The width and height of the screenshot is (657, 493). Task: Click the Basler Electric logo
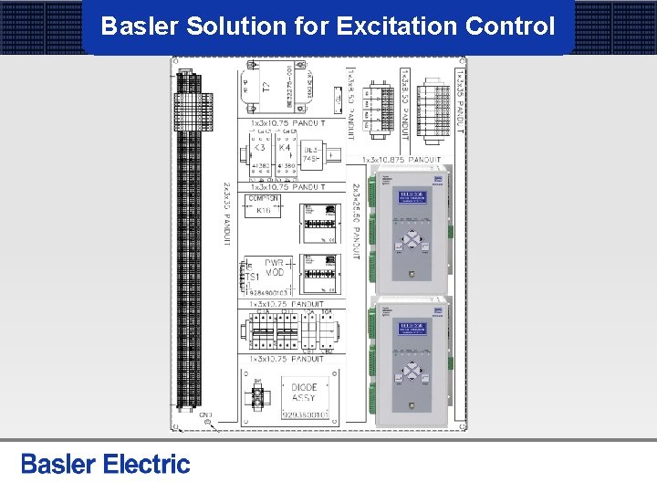point(106,465)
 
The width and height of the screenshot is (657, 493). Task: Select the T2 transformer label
point(266,88)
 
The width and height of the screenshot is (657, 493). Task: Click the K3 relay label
point(259,147)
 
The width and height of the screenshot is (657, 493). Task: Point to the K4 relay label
point(285,147)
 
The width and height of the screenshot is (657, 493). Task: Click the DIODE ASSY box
point(305,393)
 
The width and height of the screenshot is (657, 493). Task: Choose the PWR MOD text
point(275,267)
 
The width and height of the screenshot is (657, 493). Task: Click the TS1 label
point(253,276)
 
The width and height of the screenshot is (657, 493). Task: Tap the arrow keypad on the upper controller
point(412,240)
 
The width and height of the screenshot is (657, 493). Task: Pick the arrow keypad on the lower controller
point(412,372)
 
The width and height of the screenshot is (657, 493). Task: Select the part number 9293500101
point(305,414)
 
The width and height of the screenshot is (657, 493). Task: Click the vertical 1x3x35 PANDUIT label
point(461,100)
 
